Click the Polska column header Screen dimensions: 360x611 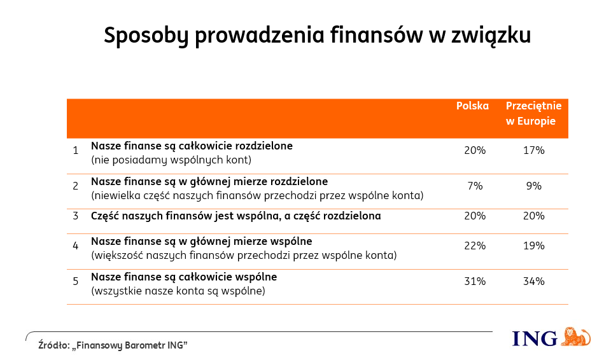[x=472, y=106]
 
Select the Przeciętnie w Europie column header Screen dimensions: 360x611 [x=533, y=113]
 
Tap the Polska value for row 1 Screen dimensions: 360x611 [x=475, y=151]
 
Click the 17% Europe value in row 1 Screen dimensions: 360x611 [x=534, y=151]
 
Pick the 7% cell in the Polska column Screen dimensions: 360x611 [x=475, y=186]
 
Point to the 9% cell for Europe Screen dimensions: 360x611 [x=534, y=186]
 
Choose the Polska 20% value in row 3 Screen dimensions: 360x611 [x=475, y=216]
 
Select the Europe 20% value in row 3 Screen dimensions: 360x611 [x=534, y=216]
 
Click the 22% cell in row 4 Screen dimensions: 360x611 [x=475, y=246]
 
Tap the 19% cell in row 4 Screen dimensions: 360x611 [x=534, y=246]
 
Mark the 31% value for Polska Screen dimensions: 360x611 [x=475, y=282]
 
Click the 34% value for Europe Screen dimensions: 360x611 [x=534, y=282]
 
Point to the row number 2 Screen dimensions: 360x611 [x=75, y=186]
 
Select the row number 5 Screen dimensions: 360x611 [x=75, y=282]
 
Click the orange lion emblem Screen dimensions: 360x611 [x=576, y=337]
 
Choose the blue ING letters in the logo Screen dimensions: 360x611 [x=535, y=338]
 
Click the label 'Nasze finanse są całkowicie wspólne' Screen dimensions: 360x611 [x=184, y=277]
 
